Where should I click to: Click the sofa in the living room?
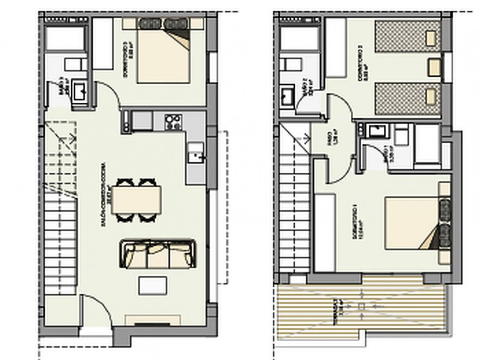(x=158, y=255)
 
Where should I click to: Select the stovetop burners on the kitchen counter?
(x=173, y=121)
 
